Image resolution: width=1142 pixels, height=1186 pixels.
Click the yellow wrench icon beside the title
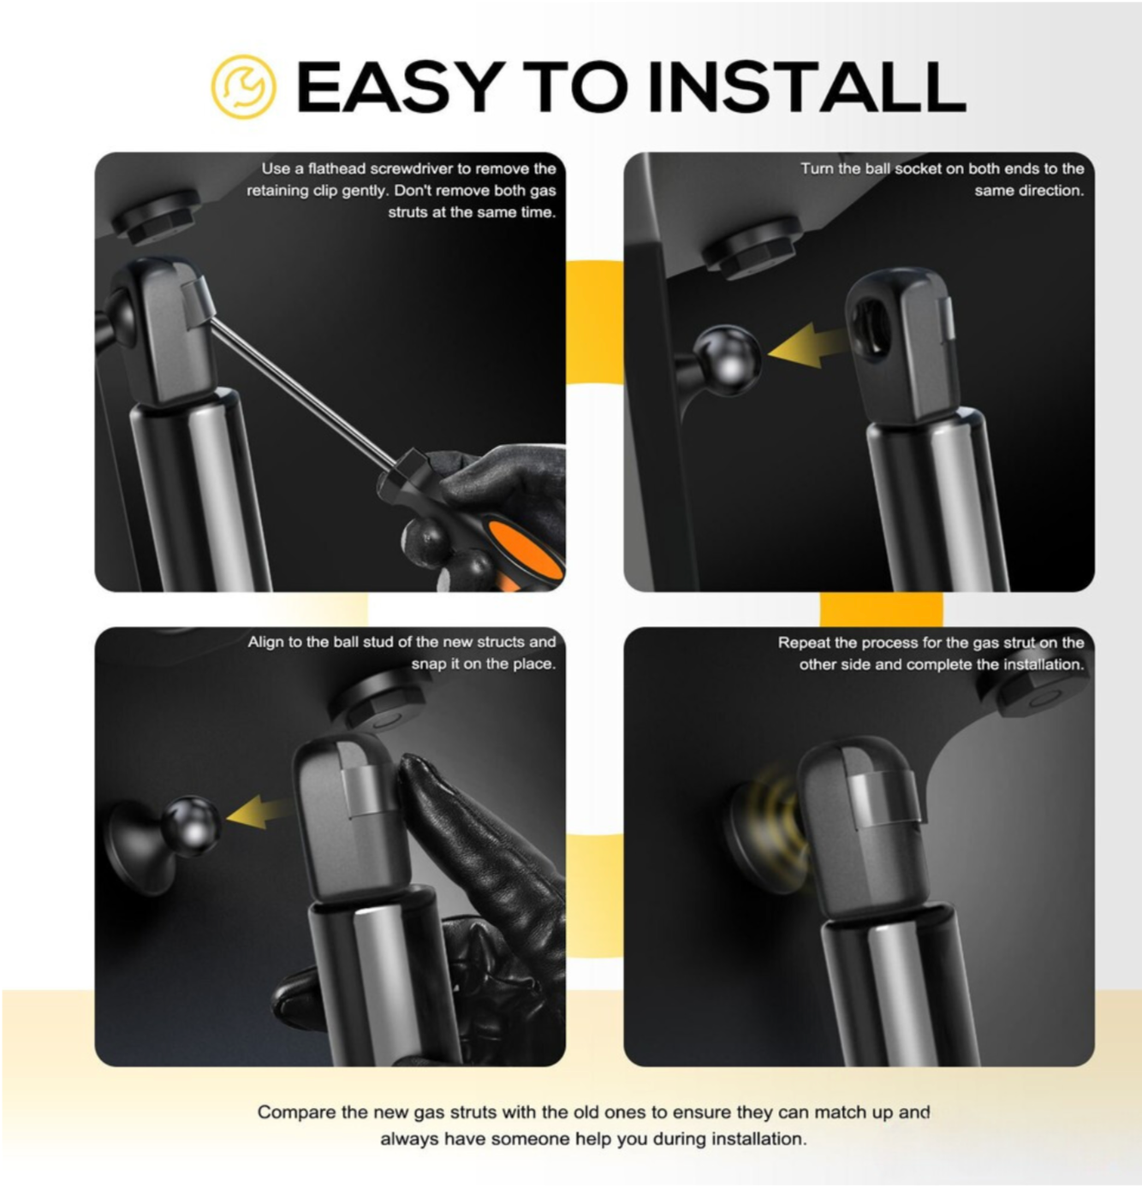(243, 86)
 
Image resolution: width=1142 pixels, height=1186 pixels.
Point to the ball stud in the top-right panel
(727, 359)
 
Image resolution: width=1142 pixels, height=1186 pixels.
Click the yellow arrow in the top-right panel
(808, 346)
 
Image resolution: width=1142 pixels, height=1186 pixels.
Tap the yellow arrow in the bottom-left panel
(259, 811)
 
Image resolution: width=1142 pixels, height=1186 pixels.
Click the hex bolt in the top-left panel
(156, 216)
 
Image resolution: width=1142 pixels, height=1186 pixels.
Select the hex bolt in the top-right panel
(752, 246)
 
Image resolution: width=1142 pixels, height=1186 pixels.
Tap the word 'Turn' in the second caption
(817, 169)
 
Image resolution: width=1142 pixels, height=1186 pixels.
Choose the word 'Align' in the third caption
(267, 642)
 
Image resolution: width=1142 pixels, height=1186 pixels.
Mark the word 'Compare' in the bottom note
(296, 1112)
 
